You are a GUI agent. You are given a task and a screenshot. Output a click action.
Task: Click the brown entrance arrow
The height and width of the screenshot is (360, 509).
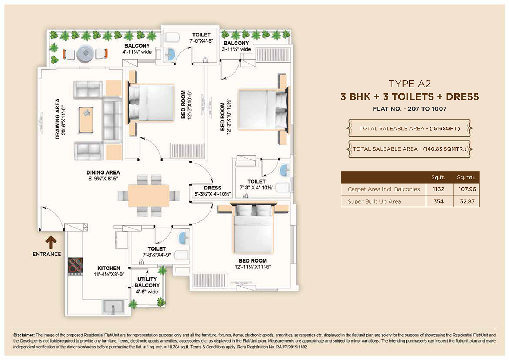pos(51,242)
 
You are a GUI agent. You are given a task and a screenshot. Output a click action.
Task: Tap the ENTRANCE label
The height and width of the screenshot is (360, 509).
pos(47,254)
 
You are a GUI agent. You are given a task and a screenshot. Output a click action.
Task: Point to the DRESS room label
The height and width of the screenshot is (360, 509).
pos(212,188)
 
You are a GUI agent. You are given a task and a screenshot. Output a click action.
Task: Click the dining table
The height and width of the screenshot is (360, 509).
pos(149,196)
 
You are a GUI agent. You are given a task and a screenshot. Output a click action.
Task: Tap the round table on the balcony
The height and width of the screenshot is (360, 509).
pos(85,54)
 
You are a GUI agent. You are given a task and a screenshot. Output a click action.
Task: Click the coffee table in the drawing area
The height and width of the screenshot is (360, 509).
pos(86,120)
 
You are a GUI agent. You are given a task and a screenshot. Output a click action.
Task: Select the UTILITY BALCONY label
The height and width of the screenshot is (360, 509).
pos(147,282)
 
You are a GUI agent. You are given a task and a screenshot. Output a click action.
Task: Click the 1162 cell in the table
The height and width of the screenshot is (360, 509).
pos(438,189)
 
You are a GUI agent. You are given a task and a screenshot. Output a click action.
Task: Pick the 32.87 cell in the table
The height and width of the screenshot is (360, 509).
pos(467,201)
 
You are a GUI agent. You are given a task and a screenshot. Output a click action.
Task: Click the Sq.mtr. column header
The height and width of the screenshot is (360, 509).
pos(466,177)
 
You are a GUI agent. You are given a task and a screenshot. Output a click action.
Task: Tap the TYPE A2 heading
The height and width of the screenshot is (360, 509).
pos(410,84)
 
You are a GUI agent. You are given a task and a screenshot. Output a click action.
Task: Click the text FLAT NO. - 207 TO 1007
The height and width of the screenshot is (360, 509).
pos(410,109)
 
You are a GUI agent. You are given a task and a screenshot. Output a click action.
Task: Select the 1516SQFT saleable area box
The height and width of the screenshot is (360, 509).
pos(409,128)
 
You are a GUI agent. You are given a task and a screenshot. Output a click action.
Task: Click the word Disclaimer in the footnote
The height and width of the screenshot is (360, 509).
pos(24,335)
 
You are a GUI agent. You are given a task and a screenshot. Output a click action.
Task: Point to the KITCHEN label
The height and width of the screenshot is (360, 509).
pos(109,268)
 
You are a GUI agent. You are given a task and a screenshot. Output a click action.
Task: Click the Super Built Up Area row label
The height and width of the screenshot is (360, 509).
pos(374,201)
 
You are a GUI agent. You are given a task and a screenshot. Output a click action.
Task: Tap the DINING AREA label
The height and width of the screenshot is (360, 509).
pos(103,172)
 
